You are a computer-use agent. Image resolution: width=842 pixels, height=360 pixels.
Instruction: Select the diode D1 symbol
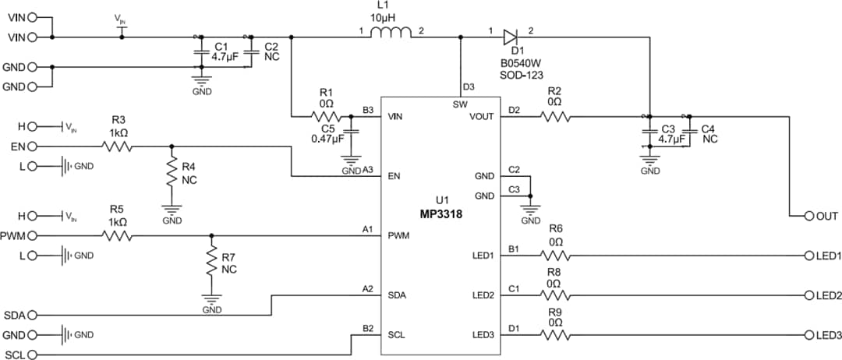click(510, 36)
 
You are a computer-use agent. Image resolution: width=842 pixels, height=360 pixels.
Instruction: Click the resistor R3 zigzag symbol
click(119, 146)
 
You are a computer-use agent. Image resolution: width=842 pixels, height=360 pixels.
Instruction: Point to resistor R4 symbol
click(172, 175)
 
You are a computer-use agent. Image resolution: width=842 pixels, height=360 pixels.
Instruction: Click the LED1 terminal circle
click(809, 256)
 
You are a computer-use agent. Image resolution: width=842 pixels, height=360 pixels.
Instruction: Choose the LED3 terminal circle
click(809, 336)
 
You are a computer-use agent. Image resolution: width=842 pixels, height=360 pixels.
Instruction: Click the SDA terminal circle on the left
click(33, 315)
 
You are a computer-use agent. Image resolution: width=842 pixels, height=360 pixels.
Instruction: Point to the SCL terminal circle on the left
click(33, 355)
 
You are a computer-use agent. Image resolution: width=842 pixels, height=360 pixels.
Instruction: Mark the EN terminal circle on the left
click(33, 146)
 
